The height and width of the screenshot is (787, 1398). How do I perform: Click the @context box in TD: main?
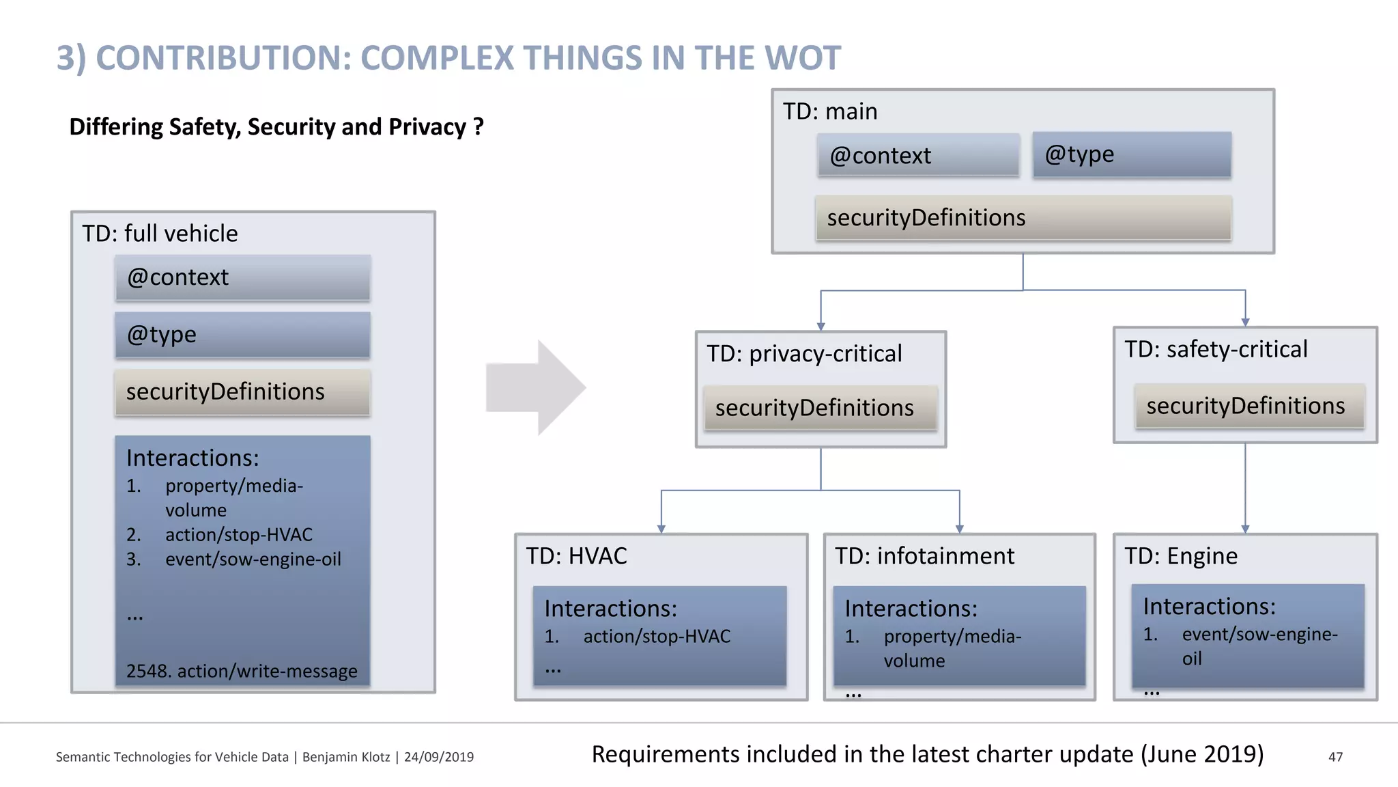pos(918,156)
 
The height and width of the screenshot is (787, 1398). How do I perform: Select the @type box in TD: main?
pos(1131,154)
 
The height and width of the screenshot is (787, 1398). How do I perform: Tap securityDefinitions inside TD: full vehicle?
pos(242,392)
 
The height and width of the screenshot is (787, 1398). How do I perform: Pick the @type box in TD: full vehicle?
pos(242,335)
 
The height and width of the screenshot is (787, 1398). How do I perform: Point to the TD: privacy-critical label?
pos(803,354)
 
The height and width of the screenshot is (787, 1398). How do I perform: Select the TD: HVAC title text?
pos(576,556)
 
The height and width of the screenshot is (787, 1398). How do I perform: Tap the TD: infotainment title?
pos(924,556)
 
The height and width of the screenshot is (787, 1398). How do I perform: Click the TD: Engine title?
pos(1180,556)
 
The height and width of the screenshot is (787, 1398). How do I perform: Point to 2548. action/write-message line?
pos(242,671)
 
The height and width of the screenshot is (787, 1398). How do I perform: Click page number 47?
pos(1335,757)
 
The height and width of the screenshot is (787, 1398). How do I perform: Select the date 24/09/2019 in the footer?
pos(439,757)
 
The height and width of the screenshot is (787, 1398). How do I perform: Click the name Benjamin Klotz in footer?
pos(346,757)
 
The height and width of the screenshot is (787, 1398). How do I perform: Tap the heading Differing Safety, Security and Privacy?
pos(276,127)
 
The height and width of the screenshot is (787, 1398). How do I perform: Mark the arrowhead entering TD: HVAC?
pos(661,529)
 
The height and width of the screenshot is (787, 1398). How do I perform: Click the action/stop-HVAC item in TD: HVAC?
pos(656,637)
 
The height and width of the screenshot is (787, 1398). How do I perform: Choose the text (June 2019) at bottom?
pos(1201,754)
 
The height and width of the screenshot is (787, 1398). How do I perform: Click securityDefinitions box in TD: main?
pos(1023,218)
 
